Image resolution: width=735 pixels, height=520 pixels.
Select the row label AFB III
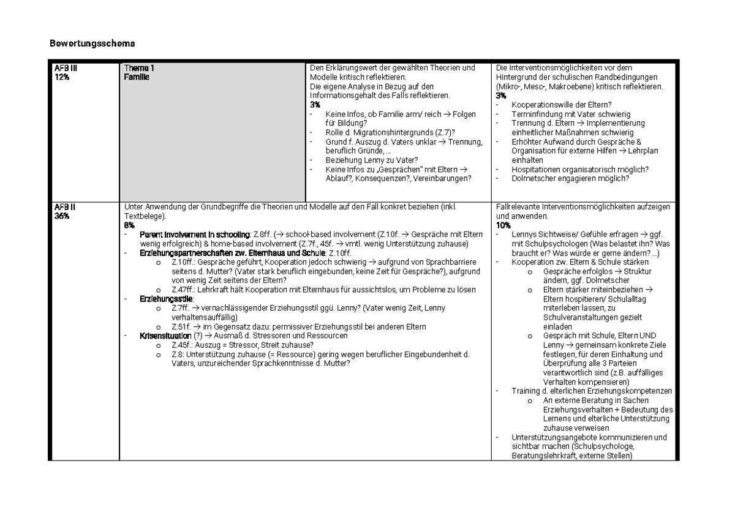coord(64,68)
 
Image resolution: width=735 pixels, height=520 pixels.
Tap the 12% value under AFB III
coord(60,77)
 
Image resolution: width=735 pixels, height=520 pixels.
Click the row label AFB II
coord(62,207)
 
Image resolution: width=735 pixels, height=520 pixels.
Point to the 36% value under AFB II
coord(60,216)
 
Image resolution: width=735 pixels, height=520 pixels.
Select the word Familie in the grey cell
coord(136,77)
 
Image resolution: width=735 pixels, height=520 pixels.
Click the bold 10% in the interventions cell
coord(503,225)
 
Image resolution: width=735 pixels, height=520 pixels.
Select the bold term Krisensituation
coord(165,336)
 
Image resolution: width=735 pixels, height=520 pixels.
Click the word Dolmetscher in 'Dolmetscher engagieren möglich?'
coord(533,178)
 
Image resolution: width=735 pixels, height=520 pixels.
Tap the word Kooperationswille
coord(540,105)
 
